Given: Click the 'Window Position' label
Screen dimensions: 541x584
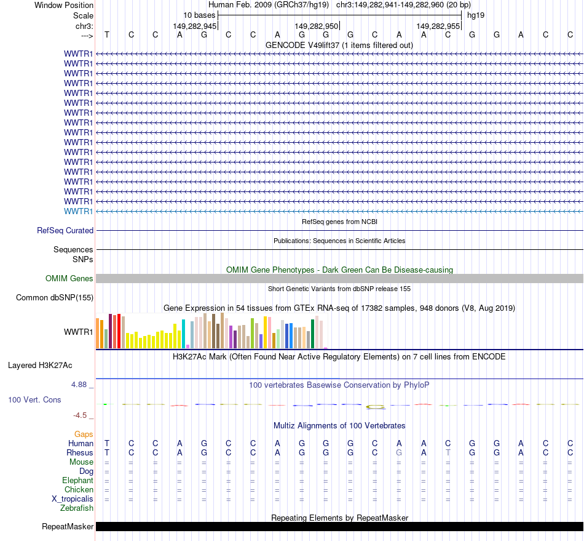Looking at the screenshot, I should click(64, 5).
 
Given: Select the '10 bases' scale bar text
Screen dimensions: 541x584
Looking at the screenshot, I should click(199, 15).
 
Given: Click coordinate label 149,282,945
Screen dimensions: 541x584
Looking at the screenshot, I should click(194, 26).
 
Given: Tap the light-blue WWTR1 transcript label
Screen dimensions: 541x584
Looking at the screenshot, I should click(79, 211).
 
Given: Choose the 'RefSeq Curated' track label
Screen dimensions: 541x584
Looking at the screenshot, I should click(65, 230).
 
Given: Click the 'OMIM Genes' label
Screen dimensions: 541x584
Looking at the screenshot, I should click(69, 279).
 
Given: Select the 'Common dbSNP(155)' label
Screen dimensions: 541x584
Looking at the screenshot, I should click(55, 298).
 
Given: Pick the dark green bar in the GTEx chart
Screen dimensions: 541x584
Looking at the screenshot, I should click(312, 334).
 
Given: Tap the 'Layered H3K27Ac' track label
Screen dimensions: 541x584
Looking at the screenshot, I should click(40, 366).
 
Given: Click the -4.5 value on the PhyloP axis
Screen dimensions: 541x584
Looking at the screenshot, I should click(81, 415).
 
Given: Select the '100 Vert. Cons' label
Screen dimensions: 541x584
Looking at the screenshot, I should click(34, 400).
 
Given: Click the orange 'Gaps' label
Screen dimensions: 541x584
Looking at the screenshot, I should click(84, 434).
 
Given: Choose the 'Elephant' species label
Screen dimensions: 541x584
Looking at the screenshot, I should click(77, 480).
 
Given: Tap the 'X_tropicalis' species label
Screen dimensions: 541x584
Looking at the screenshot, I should click(73, 499).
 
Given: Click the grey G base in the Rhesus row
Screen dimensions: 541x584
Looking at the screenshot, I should click(399, 452).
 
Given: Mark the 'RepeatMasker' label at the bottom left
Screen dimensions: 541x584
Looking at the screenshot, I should click(68, 526).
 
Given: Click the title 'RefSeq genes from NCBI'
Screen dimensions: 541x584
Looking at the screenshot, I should click(339, 221).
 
